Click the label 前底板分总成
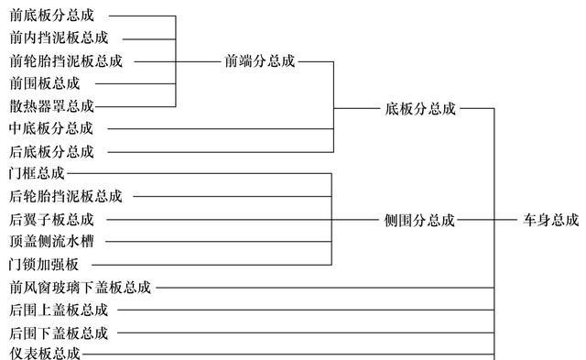(x=51, y=16)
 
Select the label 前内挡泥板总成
(x=59, y=38)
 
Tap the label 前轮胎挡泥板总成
(x=65, y=61)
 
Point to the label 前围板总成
(x=45, y=83)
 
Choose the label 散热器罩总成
(x=51, y=106)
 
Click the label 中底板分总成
(x=51, y=128)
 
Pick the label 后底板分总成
(x=51, y=151)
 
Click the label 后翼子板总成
(x=51, y=220)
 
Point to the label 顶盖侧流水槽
(x=51, y=242)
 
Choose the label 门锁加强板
(x=45, y=265)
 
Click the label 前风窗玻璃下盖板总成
(x=80, y=288)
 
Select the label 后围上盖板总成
(x=59, y=310)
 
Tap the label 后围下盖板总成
(x=59, y=333)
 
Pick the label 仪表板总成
(x=45, y=355)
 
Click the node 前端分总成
(x=259, y=61)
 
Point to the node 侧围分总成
(x=419, y=220)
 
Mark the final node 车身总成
(x=551, y=220)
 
